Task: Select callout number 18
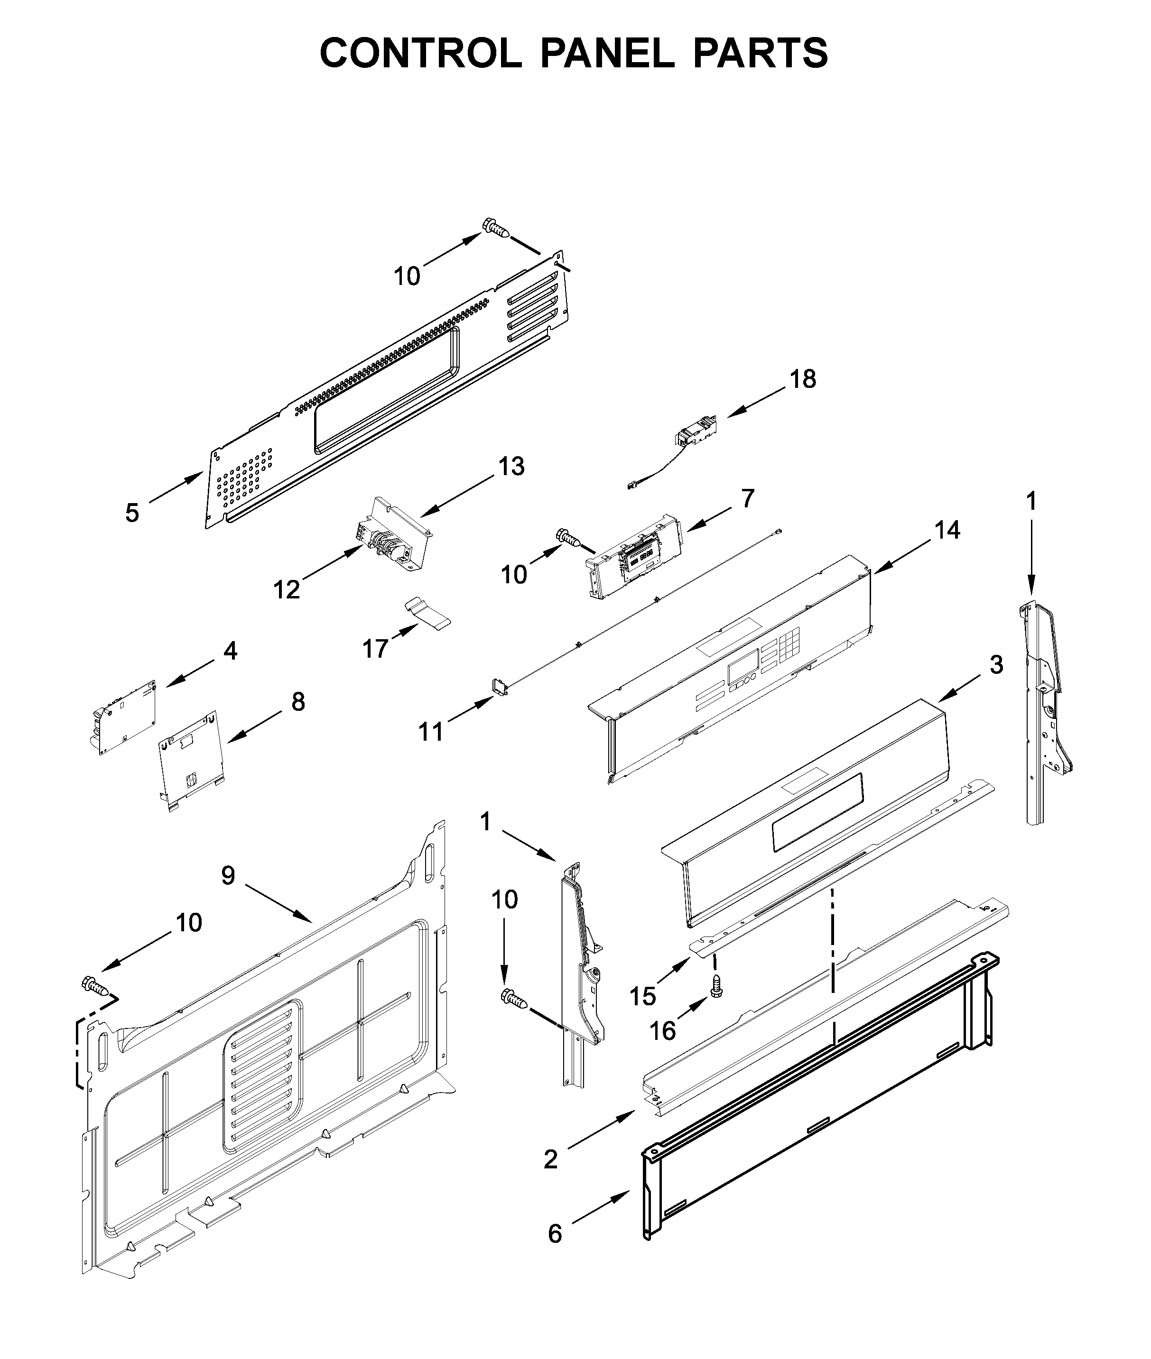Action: [x=803, y=379]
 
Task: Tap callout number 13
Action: [x=511, y=467]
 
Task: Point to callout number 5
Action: [x=132, y=513]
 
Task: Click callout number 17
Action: [x=375, y=649]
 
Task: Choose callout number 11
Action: [x=431, y=732]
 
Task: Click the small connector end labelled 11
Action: [x=499, y=687]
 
